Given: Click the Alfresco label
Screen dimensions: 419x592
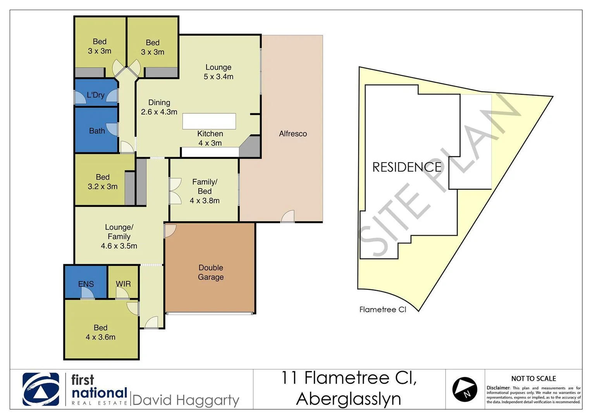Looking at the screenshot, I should [293, 134].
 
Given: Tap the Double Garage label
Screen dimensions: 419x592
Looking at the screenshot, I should [211, 272].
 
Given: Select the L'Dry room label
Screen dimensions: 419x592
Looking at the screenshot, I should [95, 95].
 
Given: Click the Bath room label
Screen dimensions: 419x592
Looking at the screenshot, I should [97, 131].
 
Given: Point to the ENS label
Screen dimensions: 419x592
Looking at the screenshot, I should [86, 284].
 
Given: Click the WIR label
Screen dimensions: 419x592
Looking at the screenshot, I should [123, 284].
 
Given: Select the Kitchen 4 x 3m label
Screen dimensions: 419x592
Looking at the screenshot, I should [210, 138].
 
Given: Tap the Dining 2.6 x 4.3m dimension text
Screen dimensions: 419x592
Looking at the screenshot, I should [159, 112].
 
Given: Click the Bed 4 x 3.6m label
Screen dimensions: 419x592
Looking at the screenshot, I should [100, 332].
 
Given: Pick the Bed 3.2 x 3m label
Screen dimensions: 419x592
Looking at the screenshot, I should [102, 182].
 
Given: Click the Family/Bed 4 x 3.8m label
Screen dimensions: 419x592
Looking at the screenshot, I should [205, 191].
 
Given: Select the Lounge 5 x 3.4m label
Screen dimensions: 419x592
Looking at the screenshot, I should [219, 72].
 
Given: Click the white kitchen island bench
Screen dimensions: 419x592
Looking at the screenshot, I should [209, 121].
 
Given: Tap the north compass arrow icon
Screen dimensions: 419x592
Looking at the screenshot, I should [465, 389].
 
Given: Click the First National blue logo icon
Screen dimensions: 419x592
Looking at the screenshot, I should [41, 389].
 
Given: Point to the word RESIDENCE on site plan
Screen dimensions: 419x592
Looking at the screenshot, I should [407, 167].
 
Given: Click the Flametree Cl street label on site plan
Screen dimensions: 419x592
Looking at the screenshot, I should [382, 310].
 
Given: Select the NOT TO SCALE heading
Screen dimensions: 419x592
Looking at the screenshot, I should [533, 379].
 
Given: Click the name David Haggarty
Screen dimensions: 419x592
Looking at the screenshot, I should [186, 400].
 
